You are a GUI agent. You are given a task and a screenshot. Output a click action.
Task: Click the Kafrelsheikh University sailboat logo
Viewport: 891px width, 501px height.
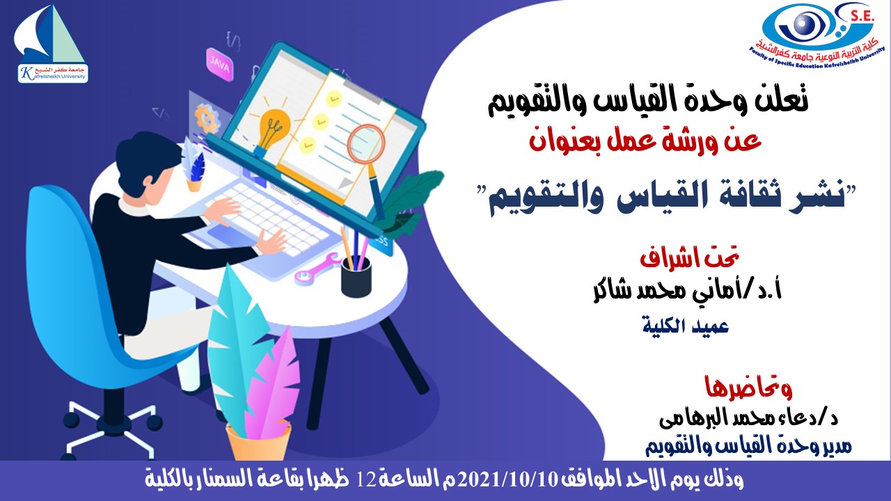tap(52, 43)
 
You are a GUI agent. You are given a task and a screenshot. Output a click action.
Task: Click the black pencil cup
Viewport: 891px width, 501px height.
tap(356, 276)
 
